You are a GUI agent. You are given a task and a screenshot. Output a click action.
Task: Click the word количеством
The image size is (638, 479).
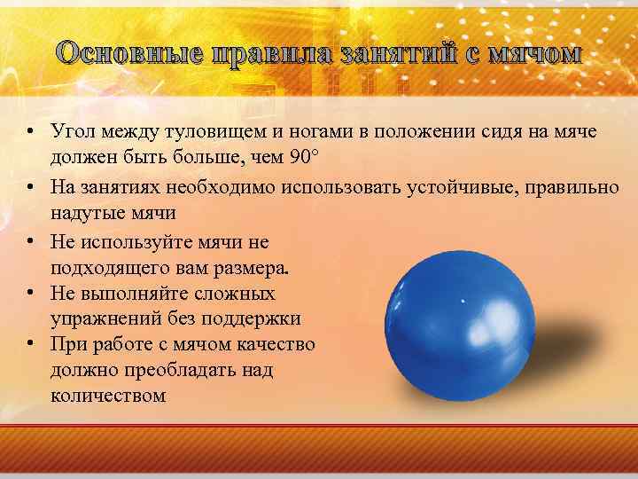[x=108, y=396]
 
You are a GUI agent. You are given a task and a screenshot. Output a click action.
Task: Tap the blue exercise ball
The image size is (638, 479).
[x=460, y=318]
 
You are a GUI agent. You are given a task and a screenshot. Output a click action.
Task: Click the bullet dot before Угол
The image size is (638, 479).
[x=30, y=133]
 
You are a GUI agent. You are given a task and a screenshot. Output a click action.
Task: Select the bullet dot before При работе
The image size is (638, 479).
[x=30, y=344]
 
